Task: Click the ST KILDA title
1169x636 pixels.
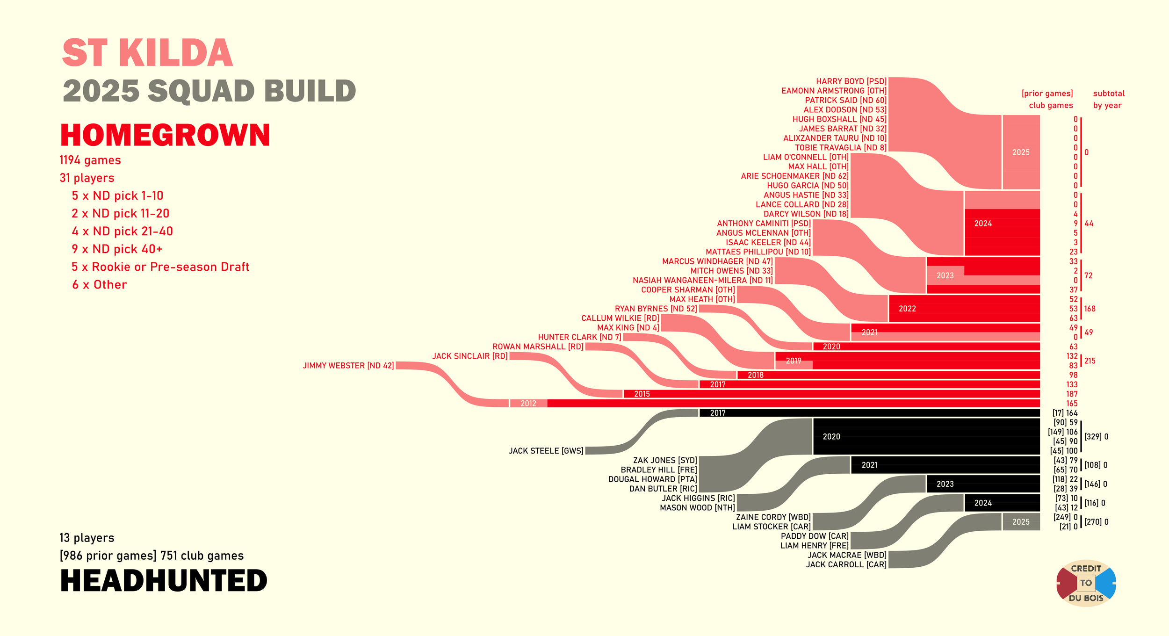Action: pyautogui.click(x=147, y=53)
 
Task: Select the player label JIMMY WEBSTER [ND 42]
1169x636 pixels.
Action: pyautogui.click(x=348, y=366)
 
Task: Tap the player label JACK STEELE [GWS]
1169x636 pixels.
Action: pyautogui.click(x=546, y=451)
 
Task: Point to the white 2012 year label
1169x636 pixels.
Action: pyautogui.click(x=528, y=404)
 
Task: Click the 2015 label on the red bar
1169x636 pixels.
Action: pyautogui.click(x=642, y=394)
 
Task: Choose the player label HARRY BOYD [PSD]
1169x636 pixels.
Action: pyautogui.click(x=851, y=81)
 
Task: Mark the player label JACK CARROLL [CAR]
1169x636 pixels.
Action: pyautogui.click(x=846, y=564)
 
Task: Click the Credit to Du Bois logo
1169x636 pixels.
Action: pyautogui.click(x=1086, y=583)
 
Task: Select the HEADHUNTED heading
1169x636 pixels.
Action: pyautogui.click(x=164, y=581)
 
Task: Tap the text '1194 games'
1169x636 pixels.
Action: pyautogui.click(x=90, y=160)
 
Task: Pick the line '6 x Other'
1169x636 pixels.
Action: pyautogui.click(x=99, y=285)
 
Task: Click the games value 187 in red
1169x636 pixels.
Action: pyautogui.click(x=1072, y=394)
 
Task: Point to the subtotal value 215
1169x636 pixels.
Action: pyautogui.click(x=1090, y=361)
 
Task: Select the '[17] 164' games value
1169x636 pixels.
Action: pyautogui.click(x=1065, y=413)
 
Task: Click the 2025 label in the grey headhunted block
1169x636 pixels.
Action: pyautogui.click(x=1021, y=522)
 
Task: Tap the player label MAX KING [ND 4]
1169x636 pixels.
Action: pyautogui.click(x=628, y=328)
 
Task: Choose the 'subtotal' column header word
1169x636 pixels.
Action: pyautogui.click(x=1109, y=94)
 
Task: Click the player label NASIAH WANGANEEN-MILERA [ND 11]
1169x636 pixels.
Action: pyautogui.click(x=703, y=280)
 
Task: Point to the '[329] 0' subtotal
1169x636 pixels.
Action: pyautogui.click(x=1096, y=437)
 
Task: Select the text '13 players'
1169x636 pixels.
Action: pyautogui.click(x=87, y=538)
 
